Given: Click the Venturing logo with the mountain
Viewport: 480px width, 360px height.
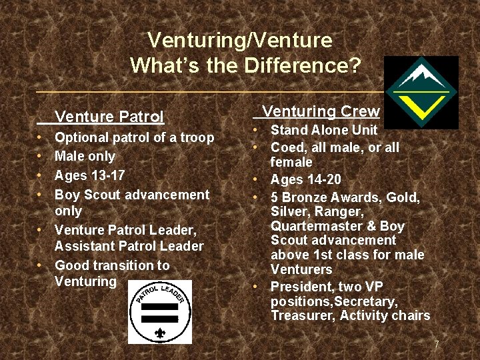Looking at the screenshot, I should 421,92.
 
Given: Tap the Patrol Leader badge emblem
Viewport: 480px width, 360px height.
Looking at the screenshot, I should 160,311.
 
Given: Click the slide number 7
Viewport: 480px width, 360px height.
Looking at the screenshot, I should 437,345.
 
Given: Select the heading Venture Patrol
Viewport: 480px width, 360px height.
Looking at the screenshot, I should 109,117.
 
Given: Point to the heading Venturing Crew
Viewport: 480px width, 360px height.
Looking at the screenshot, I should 321,111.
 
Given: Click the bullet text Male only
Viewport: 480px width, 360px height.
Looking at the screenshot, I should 85,157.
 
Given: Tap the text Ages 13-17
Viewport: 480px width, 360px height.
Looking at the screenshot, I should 89,176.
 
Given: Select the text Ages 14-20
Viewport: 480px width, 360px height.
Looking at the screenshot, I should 305,179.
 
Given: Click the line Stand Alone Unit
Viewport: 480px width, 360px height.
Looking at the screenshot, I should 323,130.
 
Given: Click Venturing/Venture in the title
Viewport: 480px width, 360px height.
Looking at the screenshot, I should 239,40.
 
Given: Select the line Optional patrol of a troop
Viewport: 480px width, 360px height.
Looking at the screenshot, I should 134,138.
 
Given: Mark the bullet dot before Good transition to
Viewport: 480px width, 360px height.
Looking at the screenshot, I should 41,265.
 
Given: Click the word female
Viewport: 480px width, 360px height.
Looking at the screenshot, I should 291,162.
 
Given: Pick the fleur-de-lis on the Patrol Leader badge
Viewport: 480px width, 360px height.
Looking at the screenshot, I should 160,331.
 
